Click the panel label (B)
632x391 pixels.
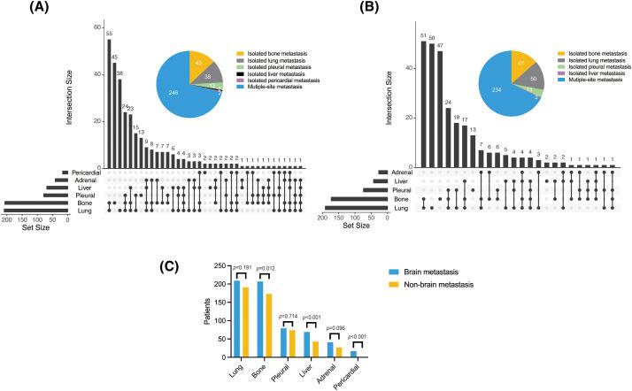366,8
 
